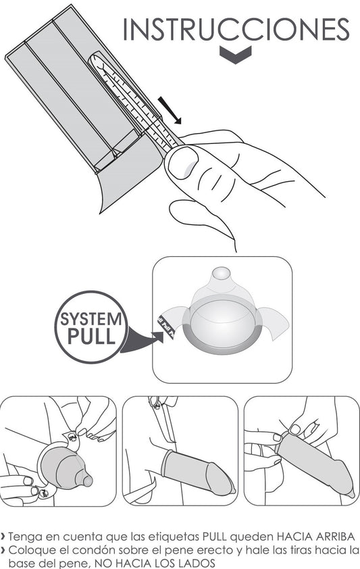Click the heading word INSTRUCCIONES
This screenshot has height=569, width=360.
click(236, 29)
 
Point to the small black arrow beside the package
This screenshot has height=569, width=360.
click(170, 110)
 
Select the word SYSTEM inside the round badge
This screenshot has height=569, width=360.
click(91, 320)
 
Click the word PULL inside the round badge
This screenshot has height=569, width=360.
click(91, 336)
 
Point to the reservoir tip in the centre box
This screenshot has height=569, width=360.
click(222, 274)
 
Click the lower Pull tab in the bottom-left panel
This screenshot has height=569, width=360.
click(44, 493)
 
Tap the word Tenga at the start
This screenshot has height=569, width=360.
click(23, 537)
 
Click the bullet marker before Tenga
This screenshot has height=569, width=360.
click(3, 537)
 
